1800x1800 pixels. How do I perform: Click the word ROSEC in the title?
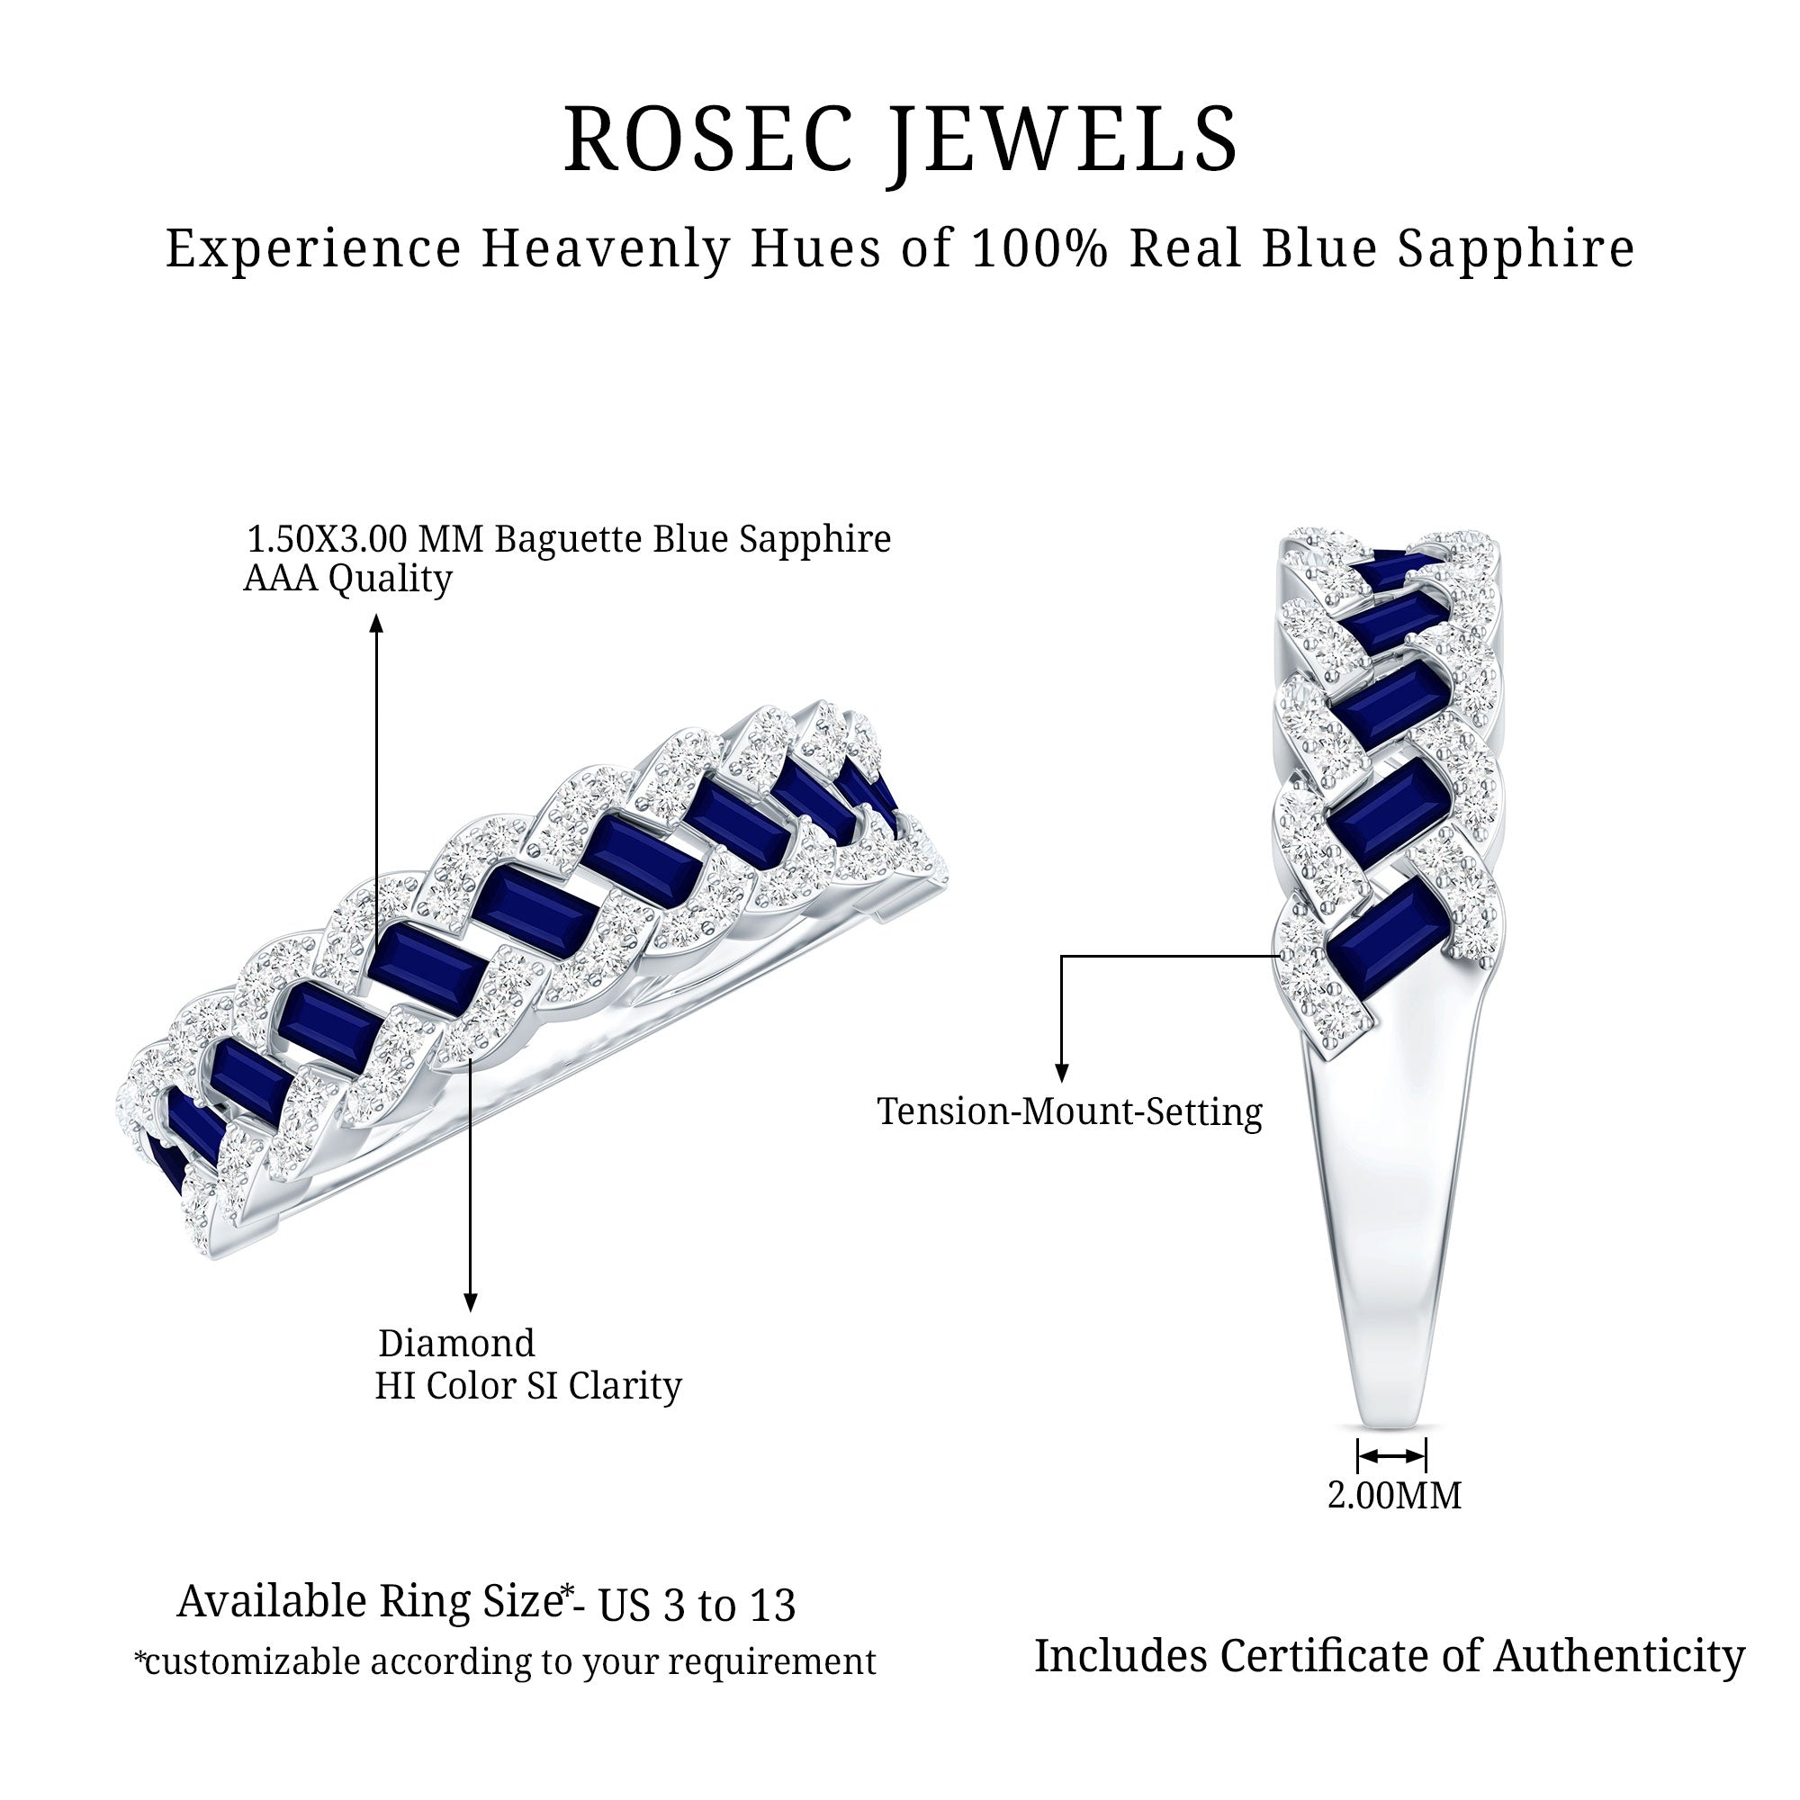click(708, 139)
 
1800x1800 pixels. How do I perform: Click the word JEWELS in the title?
click(1062, 141)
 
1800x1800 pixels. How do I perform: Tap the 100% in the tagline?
click(1039, 248)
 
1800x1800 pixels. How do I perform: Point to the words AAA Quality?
click(347, 579)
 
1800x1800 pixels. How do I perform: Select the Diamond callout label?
click(456, 1344)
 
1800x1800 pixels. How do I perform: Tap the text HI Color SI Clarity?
click(528, 1385)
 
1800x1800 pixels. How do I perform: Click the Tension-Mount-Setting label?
click(1069, 1111)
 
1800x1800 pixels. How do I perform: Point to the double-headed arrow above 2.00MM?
click(1392, 1455)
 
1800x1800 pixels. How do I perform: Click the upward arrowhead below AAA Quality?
click(376, 623)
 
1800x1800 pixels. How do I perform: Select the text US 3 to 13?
click(697, 1606)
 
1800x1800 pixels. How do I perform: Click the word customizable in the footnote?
click(253, 1662)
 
